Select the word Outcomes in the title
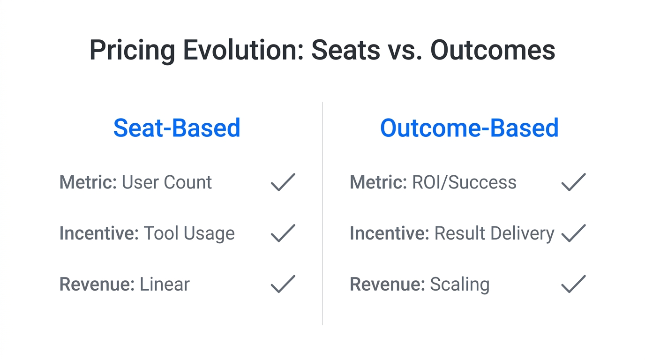[493, 51]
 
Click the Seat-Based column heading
[177, 128]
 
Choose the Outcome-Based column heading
[469, 128]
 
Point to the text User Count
[167, 182]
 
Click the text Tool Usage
[189, 233]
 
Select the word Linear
[165, 285]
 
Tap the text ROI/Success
[464, 182]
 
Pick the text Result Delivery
[494, 233]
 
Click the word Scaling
[460, 285]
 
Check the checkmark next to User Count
[283, 182]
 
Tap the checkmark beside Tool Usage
[283, 233]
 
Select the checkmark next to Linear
[283, 285]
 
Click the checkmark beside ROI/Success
[573, 182]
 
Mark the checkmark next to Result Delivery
[573, 233]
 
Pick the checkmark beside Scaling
[573, 285]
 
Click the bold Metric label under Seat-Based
[88, 182]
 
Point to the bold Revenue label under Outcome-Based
[387, 285]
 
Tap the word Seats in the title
[345, 51]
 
